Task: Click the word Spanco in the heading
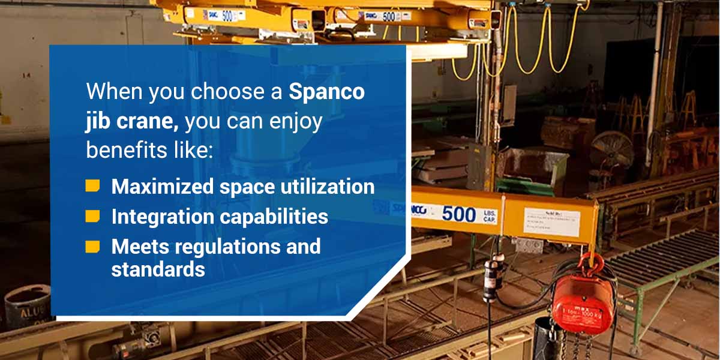[x=327, y=93]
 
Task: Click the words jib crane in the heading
[x=132, y=122]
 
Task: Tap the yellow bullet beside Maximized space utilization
[x=92, y=186]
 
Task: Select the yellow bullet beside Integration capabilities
[x=92, y=216]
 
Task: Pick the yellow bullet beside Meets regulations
[x=92, y=246]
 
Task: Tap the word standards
[x=158, y=269]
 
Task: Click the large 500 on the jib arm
[x=459, y=214]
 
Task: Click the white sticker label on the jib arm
[x=551, y=221]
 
